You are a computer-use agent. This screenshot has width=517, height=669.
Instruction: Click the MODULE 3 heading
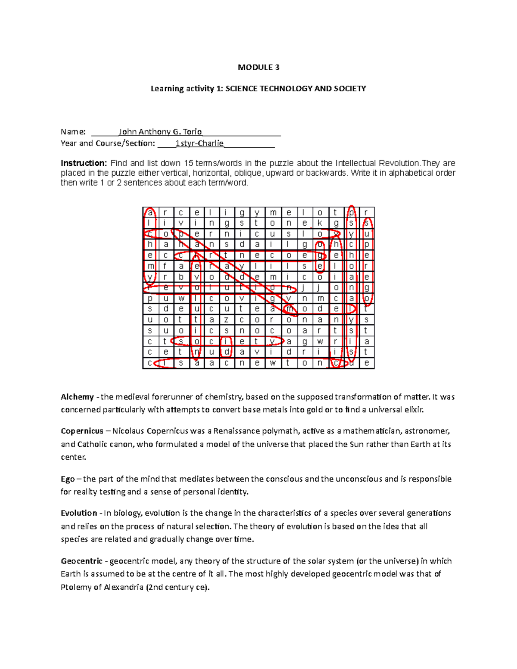(258, 67)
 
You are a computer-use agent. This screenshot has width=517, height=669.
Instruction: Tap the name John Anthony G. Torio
(160, 132)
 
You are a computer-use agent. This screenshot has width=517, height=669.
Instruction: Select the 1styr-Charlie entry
(199, 143)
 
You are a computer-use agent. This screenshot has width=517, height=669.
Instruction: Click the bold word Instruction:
(84, 163)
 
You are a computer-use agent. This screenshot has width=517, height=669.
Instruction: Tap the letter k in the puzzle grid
(320, 223)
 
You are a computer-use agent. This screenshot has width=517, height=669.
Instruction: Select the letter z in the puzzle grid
(227, 320)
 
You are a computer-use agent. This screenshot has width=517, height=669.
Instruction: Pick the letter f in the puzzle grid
(165, 266)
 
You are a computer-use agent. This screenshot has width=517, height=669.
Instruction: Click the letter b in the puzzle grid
(181, 277)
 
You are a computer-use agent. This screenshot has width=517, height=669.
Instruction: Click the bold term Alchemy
(77, 397)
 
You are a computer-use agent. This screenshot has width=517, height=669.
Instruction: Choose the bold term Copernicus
(82, 431)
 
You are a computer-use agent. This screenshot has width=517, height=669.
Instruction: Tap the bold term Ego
(68, 479)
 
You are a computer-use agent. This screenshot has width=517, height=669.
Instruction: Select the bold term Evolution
(79, 513)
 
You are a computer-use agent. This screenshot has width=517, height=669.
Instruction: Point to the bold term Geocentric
(81, 561)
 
